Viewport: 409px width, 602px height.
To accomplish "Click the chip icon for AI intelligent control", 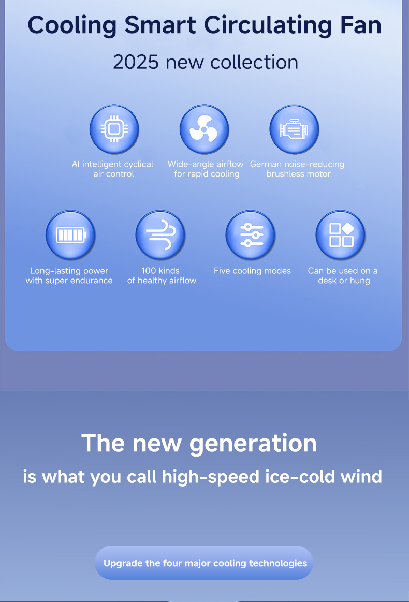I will pyautogui.click(x=114, y=129).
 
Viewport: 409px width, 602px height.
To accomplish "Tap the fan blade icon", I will pyautogui.click(x=204, y=129).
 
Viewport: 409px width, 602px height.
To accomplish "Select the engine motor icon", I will pyautogui.click(x=294, y=129).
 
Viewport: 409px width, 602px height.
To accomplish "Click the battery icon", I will pyautogui.click(x=70, y=236).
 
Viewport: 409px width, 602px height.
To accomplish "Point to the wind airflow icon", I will pyautogui.click(x=160, y=236).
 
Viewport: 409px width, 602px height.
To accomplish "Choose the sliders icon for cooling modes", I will pyautogui.click(x=251, y=236).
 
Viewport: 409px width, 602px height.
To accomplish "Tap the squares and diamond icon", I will pyautogui.click(x=341, y=236).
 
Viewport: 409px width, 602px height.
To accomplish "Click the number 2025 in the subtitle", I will pyautogui.click(x=136, y=62).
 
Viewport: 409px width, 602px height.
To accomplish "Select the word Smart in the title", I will pyautogui.click(x=160, y=25).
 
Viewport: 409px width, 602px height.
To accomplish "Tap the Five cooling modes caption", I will pyautogui.click(x=252, y=271).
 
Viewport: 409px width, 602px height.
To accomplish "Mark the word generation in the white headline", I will pyautogui.click(x=253, y=444).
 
